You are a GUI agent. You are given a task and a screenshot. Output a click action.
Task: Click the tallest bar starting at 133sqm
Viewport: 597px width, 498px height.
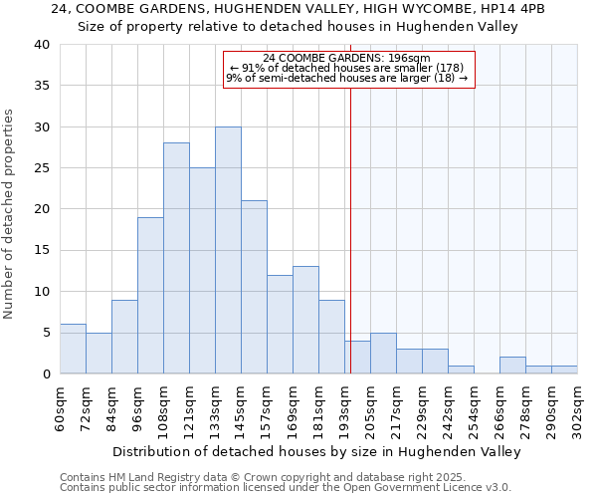[x=228, y=250]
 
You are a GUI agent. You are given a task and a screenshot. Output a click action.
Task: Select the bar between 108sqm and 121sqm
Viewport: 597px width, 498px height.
[x=176, y=258]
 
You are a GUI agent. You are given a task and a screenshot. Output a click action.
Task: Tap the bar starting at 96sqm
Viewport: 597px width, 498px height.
[x=150, y=295]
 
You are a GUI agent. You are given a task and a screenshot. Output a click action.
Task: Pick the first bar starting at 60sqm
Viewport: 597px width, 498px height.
[x=73, y=349]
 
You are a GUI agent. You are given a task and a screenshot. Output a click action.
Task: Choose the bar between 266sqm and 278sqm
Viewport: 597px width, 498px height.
[x=512, y=366]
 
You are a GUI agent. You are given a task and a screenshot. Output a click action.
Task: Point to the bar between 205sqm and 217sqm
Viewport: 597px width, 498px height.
[x=383, y=354]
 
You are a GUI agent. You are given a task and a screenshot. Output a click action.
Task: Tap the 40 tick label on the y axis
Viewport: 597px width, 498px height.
[x=41, y=45]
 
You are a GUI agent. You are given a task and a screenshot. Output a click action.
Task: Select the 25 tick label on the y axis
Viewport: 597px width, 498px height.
[x=41, y=168]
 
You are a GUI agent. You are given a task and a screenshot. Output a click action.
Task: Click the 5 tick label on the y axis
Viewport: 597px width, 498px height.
[x=45, y=333]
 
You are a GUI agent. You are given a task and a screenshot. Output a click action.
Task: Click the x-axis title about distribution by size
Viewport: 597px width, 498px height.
[x=317, y=452]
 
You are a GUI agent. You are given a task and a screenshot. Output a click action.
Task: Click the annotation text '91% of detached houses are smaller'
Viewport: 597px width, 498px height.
[x=347, y=68]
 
